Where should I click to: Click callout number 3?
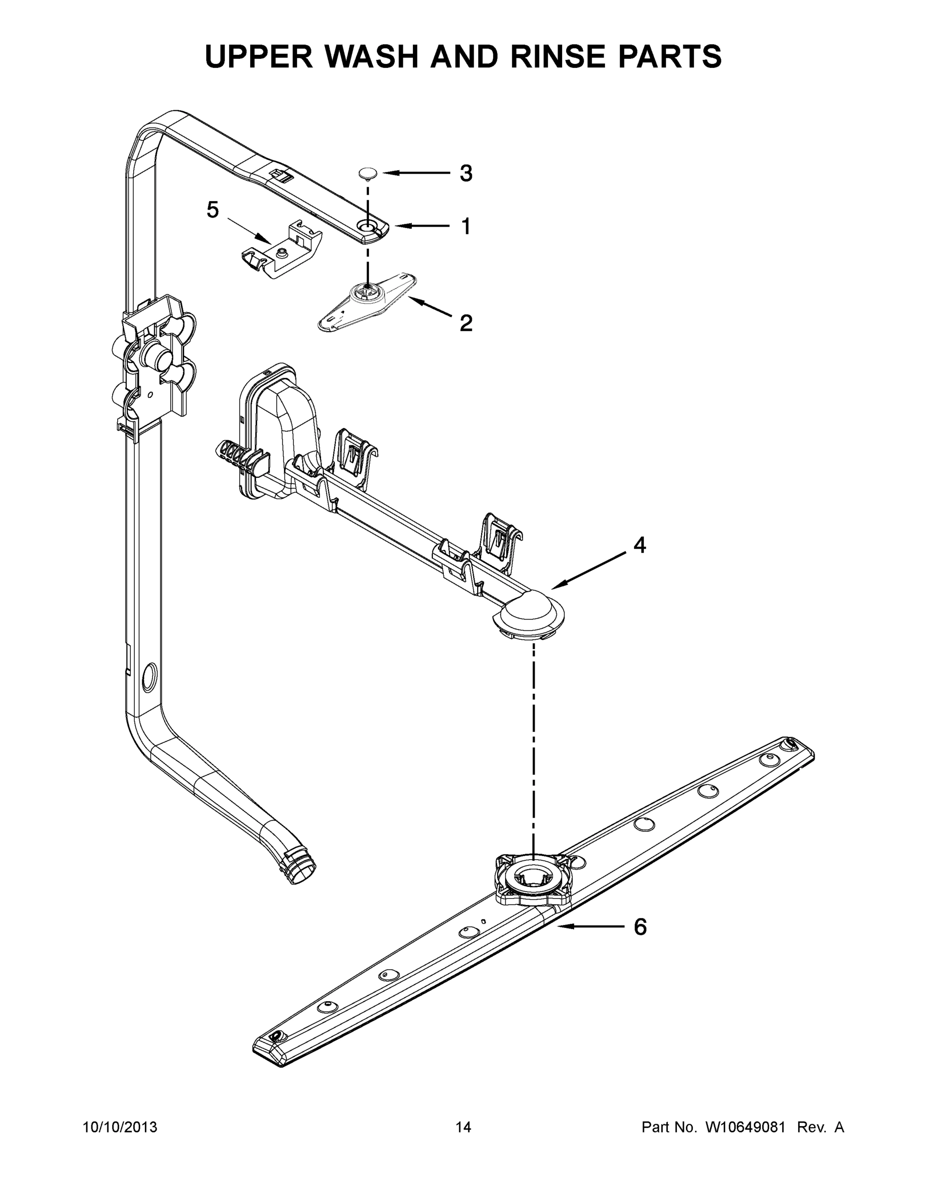coord(465,173)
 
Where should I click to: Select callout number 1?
coord(465,226)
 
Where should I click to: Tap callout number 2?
coord(465,322)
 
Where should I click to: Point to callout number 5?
coord(213,210)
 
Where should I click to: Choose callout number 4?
coord(639,545)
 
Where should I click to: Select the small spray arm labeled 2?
coord(366,301)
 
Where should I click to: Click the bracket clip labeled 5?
coord(282,250)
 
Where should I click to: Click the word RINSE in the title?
coord(560,56)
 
